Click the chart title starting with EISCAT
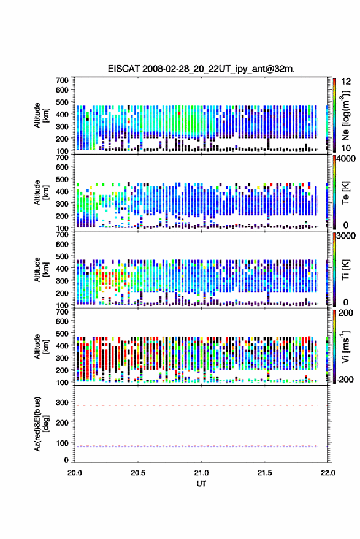(201, 69)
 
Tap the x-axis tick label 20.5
(138, 473)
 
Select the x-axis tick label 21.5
(264, 473)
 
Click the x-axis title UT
(201, 484)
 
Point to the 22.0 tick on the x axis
(327, 473)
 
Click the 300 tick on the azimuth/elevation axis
(62, 402)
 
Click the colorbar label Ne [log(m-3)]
(346, 115)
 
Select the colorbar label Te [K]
(346, 193)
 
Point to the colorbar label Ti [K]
(346, 270)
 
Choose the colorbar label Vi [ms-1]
(345, 346)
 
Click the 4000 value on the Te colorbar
(346, 159)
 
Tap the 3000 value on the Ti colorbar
(346, 236)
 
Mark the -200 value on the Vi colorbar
(345, 380)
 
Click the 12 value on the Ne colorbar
(346, 82)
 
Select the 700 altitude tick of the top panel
(62, 80)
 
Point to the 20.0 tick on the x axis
(75, 473)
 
